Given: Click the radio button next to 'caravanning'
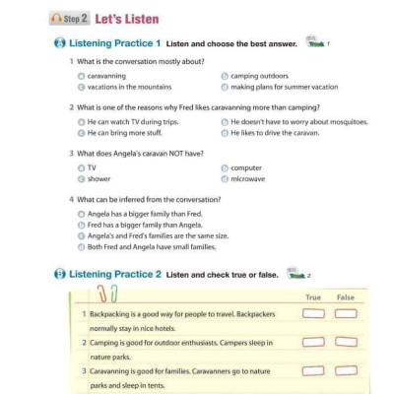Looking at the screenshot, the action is [81, 75].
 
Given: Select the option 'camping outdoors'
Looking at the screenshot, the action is [224, 75].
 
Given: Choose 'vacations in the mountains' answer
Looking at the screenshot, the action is [81, 86].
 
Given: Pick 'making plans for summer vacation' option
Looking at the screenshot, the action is [224, 86].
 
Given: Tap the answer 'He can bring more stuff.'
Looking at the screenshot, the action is [81, 132].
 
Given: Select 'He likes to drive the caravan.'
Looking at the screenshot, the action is [224, 132].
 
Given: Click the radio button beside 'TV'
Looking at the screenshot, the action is [81, 168].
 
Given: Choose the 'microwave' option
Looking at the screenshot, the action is [224, 179].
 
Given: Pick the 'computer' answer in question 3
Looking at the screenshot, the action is [224, 168].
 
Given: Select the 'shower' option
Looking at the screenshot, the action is [81, 179].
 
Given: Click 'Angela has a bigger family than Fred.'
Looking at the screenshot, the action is [81, 213].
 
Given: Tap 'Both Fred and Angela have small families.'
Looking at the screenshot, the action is [81, 247].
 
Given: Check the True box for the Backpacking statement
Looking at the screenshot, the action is [313, 313].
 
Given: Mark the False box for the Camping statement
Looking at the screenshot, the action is [345, 342].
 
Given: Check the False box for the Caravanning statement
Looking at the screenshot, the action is [345, 370].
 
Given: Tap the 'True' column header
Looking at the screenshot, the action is [313, 296].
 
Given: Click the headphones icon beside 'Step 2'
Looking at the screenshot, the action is [56, 19].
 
